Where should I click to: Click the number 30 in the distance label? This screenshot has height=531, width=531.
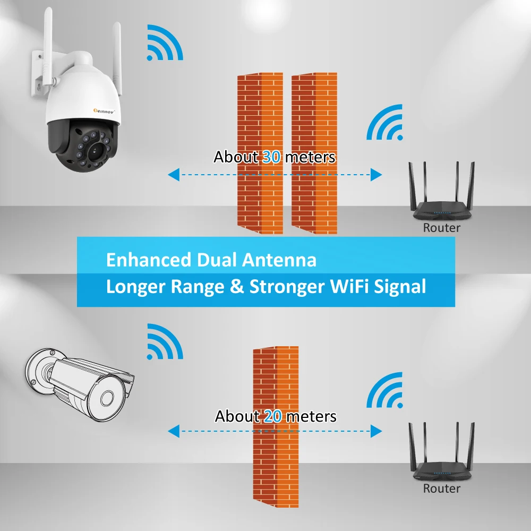(x=271, y=157)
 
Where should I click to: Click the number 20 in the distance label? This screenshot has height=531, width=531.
(x=273, y=416)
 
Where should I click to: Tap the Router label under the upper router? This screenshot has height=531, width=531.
(x=442, y=228)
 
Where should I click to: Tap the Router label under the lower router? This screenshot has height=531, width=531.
(x=442, y=489)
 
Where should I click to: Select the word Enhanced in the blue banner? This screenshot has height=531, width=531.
(x=149, y=260)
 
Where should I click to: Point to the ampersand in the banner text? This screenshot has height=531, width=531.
(x=237, y=287)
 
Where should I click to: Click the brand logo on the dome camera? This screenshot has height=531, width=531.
(x=104, y=111)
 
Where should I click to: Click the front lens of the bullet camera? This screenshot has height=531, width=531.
(x=107, y=398)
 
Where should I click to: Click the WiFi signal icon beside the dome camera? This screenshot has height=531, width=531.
(x=165, y=42)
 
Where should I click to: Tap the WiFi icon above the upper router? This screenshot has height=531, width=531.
(x=384, y=122)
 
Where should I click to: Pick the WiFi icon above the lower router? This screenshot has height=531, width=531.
(x=384, y=390)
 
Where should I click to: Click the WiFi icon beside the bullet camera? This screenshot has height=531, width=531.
(x=165, y=341)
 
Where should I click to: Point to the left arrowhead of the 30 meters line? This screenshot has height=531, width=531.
(x=174, y=175)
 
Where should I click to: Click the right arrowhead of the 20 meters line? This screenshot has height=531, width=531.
(x=376, y=431)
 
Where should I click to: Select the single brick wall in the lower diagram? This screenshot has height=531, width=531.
(x=276, y=427)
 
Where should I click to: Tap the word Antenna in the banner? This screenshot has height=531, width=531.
(x=279, y=260)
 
